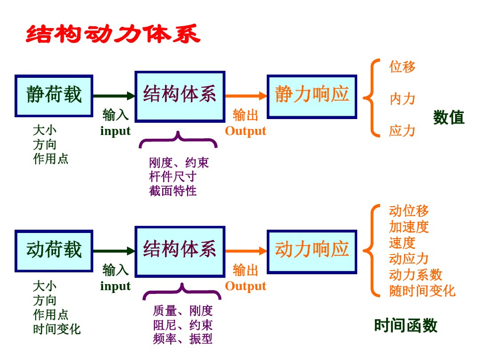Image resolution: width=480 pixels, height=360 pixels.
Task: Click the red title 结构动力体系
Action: pyautogui.click(x=113, y=35)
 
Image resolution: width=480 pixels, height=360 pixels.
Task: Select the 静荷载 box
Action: pyautogui.click(x=54, y=96)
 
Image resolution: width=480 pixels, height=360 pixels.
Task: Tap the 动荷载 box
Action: pyautogui.click(x=54, y=251)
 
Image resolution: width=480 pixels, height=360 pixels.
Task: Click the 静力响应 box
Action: pyautogui.click(x=312, y=96)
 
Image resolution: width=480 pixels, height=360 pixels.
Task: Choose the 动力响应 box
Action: pyautogui.click(x=312, y=251)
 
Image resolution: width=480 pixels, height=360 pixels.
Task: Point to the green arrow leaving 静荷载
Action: pyautogui.click(x=114, y=96)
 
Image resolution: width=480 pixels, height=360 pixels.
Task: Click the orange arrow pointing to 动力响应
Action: pyautogui.click(x=246, y=251)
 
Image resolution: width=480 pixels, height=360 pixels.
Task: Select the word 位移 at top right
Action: pyautogui.click(x=402, y=67)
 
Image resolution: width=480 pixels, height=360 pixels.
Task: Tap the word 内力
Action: pyautogui.click(x=402, y=99)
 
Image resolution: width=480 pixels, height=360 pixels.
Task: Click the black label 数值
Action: pyautogui.click(x=449, y=117)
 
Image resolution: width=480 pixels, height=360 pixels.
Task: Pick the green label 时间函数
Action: pyautogui.click(x=405, y=325)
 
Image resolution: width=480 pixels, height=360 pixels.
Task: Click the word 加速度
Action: pyautogui.click(x=409, y=227)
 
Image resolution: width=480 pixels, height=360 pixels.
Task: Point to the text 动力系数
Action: pyautogui.click(x=415, y=275)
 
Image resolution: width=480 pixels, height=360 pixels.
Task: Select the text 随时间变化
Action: pyautogui.click(x=422, y=291)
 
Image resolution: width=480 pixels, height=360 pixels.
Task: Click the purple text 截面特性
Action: pyautogui.click(x=173, y=191)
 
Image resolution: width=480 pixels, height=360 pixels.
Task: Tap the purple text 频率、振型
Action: pyautogui.click(x=183, y=339)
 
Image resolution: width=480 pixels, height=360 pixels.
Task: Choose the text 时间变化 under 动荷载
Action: pyautogui.click(x=57, y=329)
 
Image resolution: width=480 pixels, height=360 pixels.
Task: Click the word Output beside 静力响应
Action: pyautogui.click(x=246, y=131)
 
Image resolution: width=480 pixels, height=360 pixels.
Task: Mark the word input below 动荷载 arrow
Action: pyautogui.click(x=115, y=286)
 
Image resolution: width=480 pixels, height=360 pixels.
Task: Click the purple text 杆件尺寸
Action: pyautogui.click(x=173, y=177)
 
